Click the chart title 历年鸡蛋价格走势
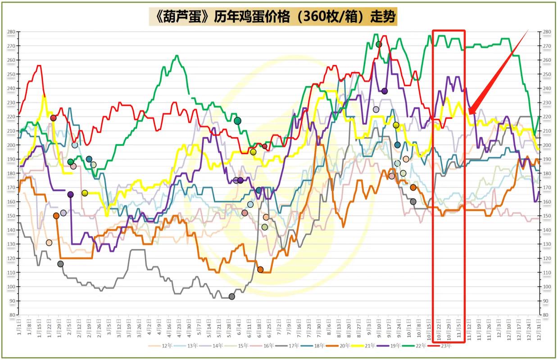click(272, 17)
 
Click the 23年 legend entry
click(444, 346)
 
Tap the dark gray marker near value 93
click(231, 297)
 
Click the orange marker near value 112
click(260, 270)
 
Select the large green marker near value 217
click(237, 121)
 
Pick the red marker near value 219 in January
click(53, 118)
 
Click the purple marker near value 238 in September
click(384, 91)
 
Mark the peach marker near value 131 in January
click(49, 243)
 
